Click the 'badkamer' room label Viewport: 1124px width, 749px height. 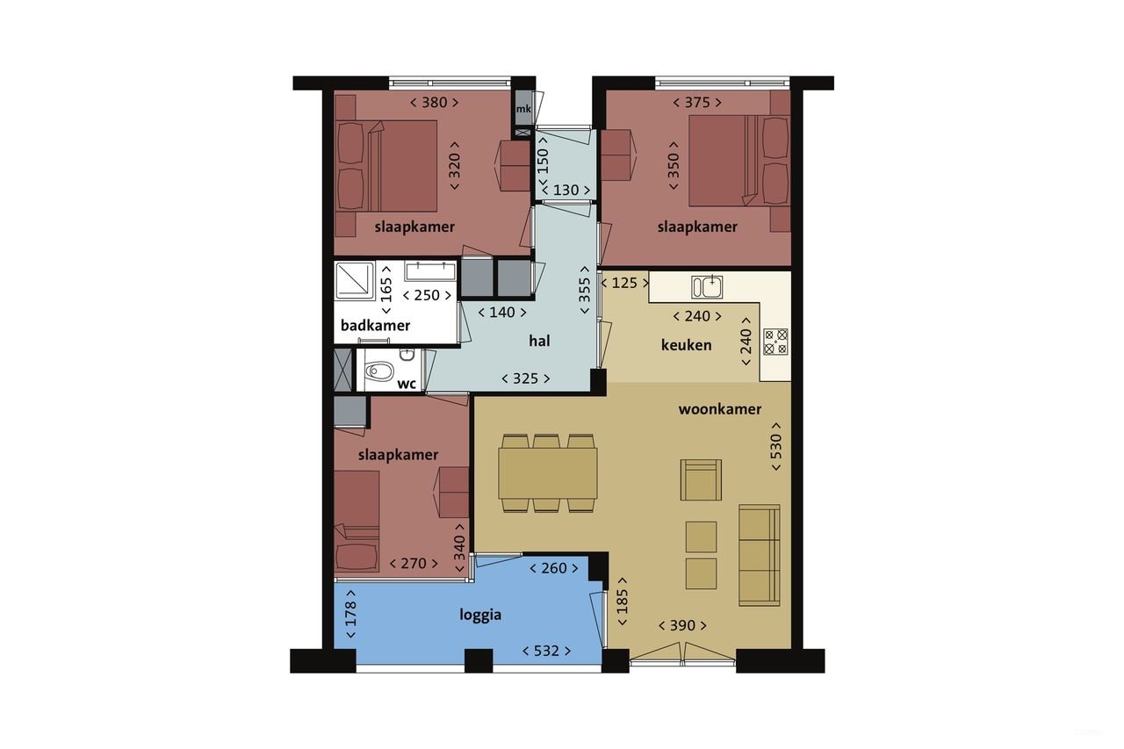(x=375, y=326)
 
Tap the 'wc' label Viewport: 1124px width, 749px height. (x=407, y=384)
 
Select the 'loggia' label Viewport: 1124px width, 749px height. (x=480, y=615)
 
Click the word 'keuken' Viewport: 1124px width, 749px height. (x=686, y=345)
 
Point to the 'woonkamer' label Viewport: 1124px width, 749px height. (x=719, y=409)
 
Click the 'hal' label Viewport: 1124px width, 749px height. (x=539, y=341)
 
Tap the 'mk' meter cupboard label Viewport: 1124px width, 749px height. (x=523, y=109)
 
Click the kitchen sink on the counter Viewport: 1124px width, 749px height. (x=706, y=287)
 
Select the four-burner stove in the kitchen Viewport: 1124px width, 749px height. (x=775, y=341)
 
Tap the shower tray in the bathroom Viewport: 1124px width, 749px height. (x=355, y=281)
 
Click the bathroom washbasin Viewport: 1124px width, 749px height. (x=429, y=270)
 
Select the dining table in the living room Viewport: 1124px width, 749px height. (x=548, y=472)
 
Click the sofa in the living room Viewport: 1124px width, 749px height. (x=759, y=555)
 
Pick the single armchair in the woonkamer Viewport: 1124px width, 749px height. (x=700, y=479)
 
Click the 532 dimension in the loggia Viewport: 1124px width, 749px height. (x=546, y=651)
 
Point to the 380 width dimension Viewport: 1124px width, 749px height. (x=434, y=103)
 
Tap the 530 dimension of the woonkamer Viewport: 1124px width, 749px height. (x=775, y=447)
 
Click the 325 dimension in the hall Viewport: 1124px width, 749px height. (x=526, y=378)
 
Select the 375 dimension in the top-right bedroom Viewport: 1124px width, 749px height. (x=696, y=103)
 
